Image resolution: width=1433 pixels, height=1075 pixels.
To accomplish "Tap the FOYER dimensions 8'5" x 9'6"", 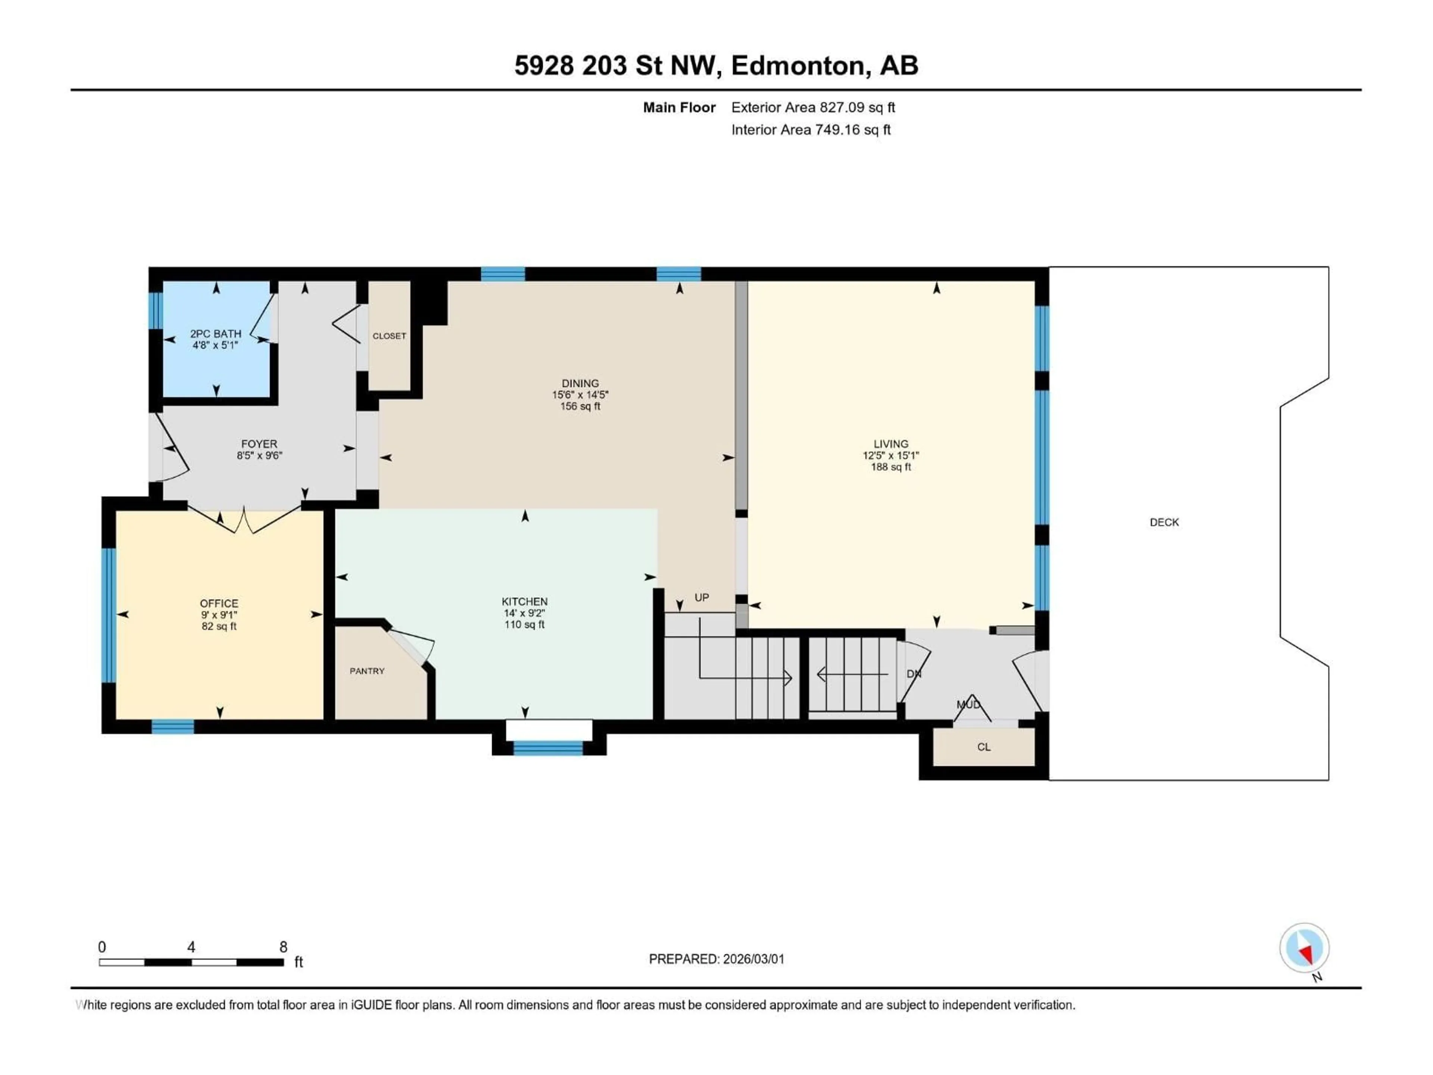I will tap(259, 455).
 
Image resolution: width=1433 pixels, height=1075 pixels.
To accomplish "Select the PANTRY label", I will tap(367, 671).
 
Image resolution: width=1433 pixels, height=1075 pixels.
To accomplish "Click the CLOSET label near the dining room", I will tap(389, 336).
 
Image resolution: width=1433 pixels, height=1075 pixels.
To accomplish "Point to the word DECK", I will tap(1164, 522).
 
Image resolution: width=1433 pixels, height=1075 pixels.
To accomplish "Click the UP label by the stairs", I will tap(702, 598).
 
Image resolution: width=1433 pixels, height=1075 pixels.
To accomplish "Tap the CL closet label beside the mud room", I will tap(983, 747).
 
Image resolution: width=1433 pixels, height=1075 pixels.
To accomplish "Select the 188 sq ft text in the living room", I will tap(891, 467).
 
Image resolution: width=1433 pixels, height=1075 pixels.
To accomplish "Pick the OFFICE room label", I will tap(219, 603).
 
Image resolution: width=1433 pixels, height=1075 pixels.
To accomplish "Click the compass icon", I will tap(1304, 948).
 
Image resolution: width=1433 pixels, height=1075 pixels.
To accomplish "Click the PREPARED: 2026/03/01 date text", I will tap(716, 959).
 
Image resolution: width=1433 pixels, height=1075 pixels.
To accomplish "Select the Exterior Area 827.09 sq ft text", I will tap(813, 107).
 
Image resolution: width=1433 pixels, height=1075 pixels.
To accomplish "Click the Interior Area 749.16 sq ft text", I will tap(811, 130).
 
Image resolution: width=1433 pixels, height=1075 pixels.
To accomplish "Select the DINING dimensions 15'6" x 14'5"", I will tap(580, 395).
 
